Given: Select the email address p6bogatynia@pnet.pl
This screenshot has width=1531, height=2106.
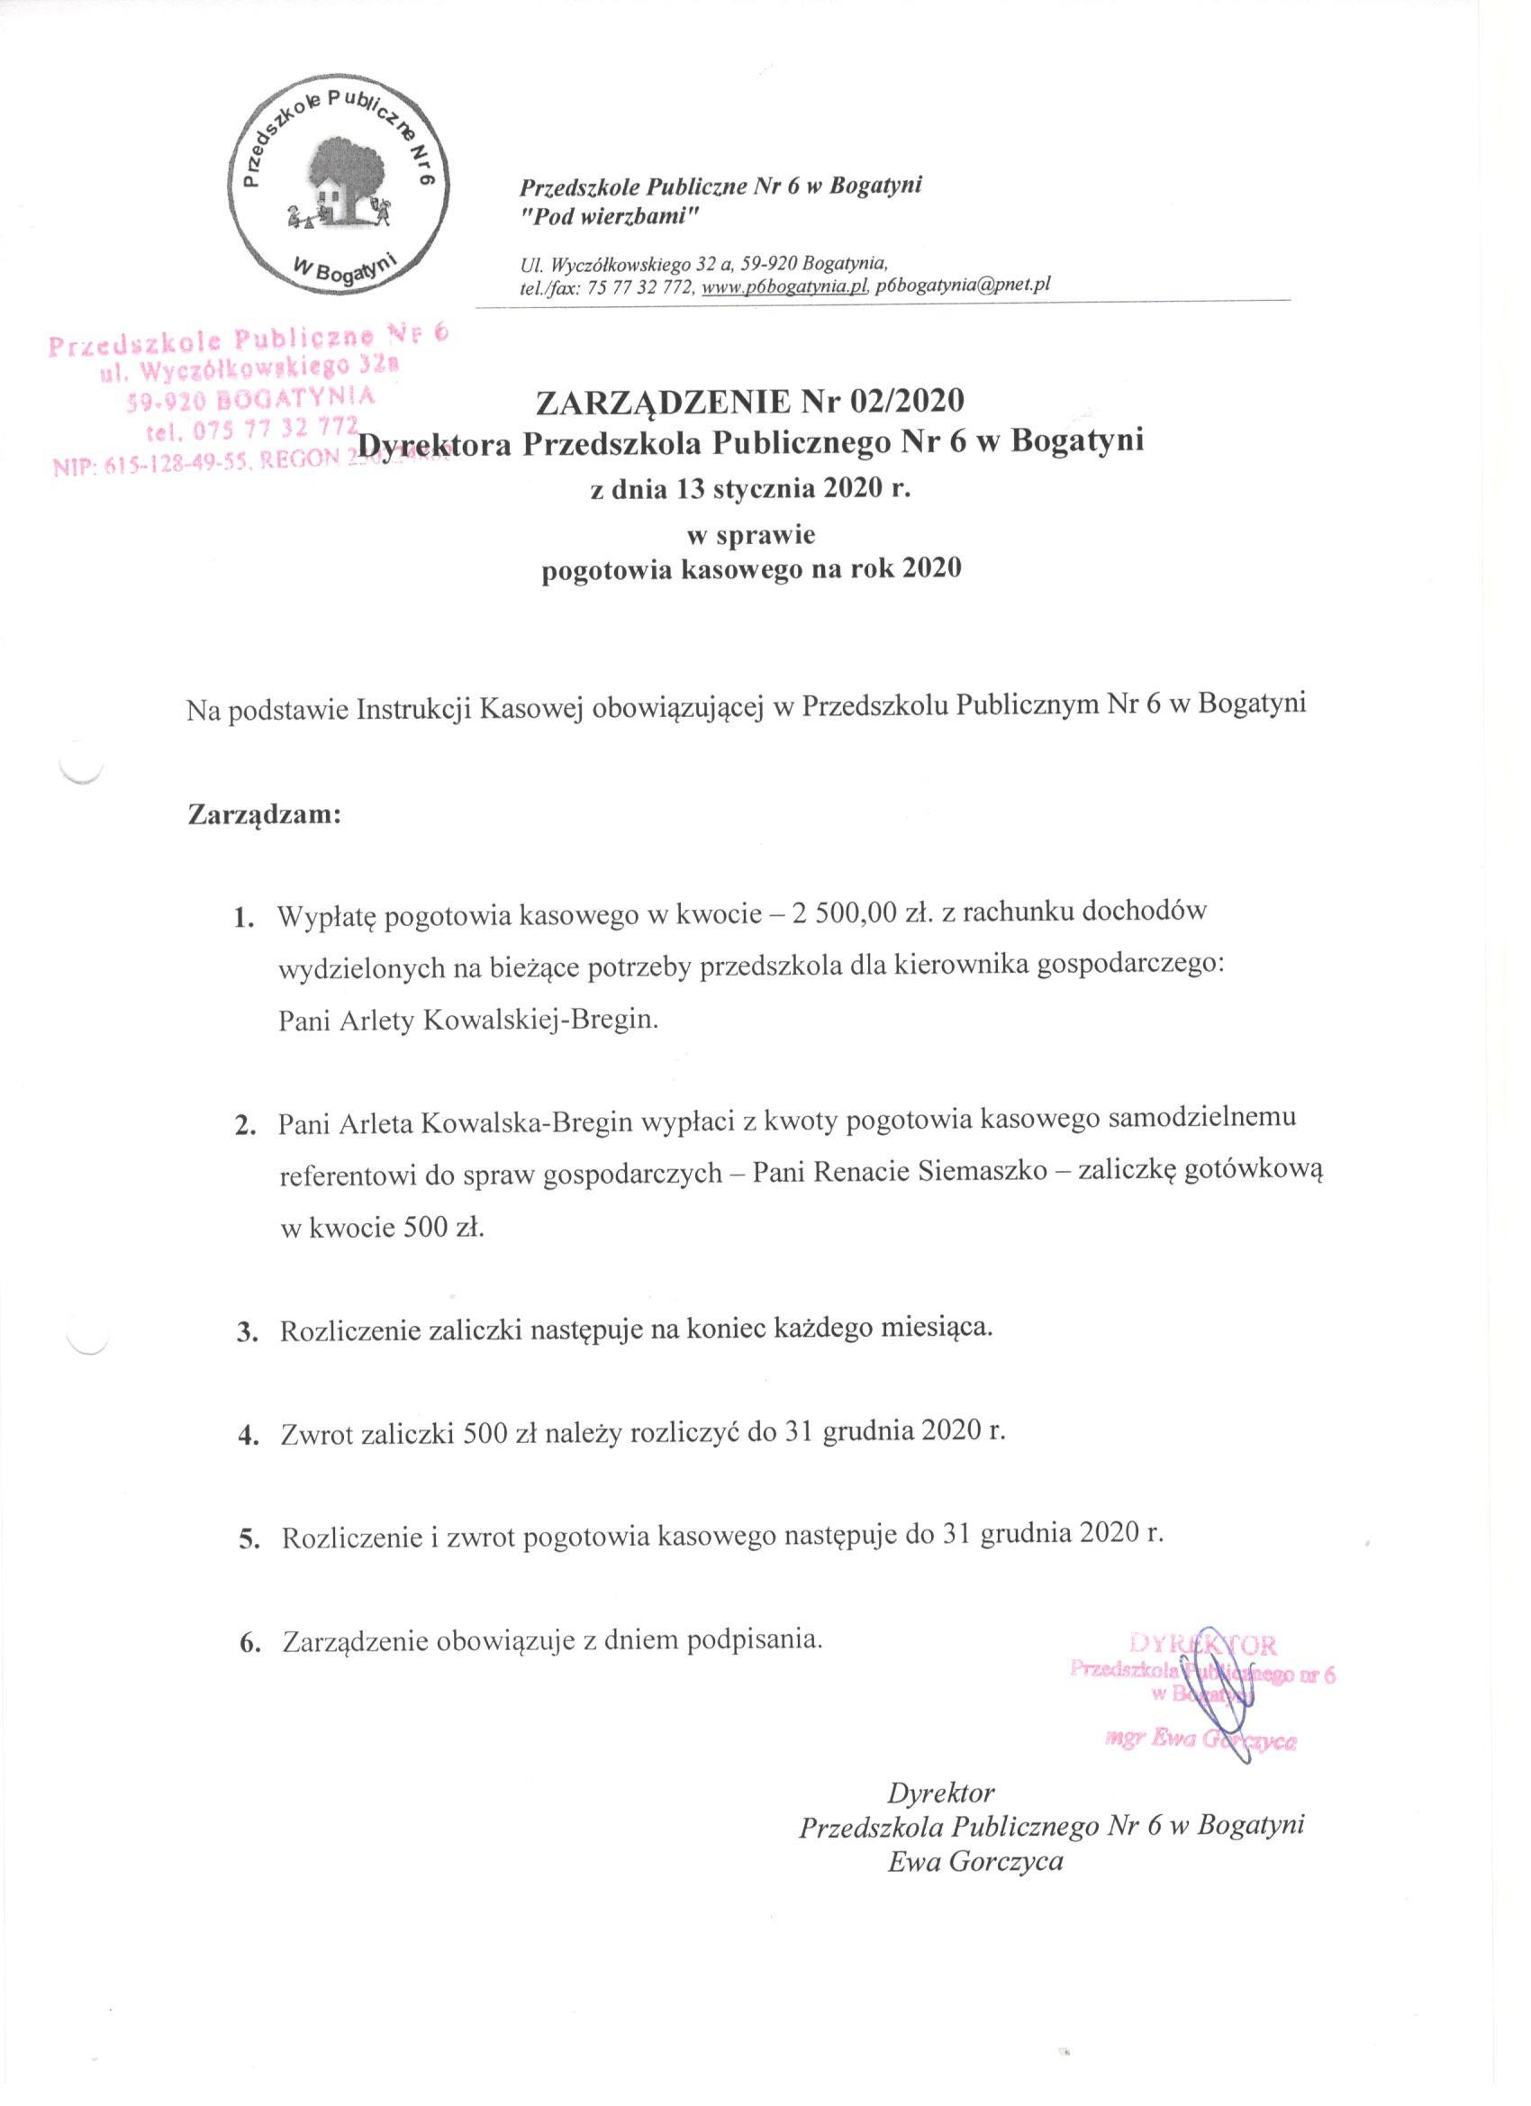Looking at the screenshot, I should point(963,286).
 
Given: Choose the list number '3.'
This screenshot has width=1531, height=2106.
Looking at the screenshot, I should point(246,1332).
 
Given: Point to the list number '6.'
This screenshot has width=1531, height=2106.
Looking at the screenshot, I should point(249,1644).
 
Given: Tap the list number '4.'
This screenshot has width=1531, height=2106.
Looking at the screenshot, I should point(247,1437).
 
